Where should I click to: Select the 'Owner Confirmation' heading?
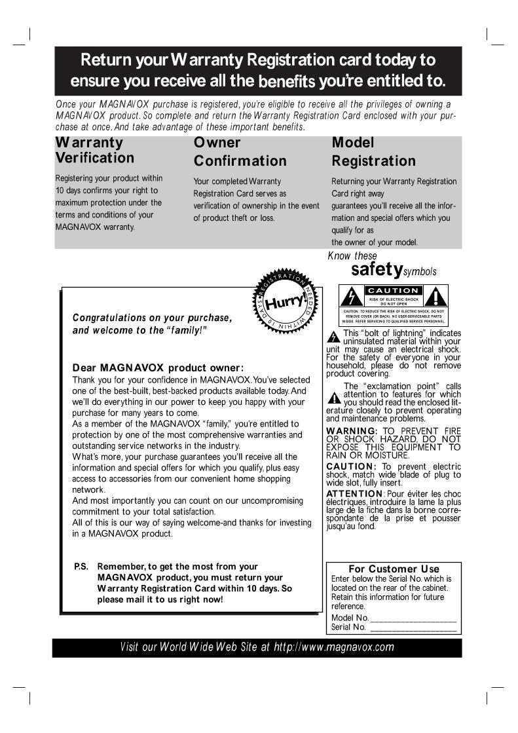(240, 151)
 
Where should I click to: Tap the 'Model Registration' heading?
(373, 151)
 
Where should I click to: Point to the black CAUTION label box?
(393, 290)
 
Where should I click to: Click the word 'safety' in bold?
(376, 269)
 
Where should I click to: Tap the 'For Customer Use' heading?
(394, 569)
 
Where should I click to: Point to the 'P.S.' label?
(81, 567)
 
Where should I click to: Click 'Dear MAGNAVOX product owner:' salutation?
(158, 367)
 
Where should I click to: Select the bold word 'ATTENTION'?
(354, 493)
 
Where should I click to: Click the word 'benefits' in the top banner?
(287, 83)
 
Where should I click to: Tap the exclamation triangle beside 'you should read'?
(334, 398)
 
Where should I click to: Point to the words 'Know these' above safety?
(352, 255)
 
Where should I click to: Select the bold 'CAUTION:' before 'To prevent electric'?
(351, 466)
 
